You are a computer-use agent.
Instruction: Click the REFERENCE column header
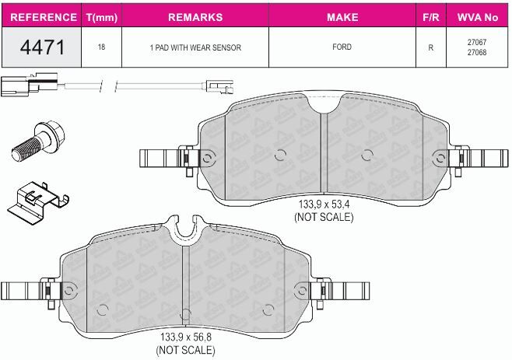(44, 17)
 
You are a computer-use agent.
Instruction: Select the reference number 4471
(42, 47)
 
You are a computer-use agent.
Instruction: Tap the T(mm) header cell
(102, 17)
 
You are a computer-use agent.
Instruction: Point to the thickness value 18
(102, 47)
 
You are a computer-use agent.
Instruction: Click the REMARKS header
(195, 17)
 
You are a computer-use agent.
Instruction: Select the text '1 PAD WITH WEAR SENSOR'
(195, 47)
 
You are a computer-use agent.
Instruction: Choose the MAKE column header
(342, 17)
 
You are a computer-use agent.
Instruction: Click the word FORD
(342, 47)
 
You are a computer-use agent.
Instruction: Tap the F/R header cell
(431, 17)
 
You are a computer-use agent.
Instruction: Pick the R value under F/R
(431, 47)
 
